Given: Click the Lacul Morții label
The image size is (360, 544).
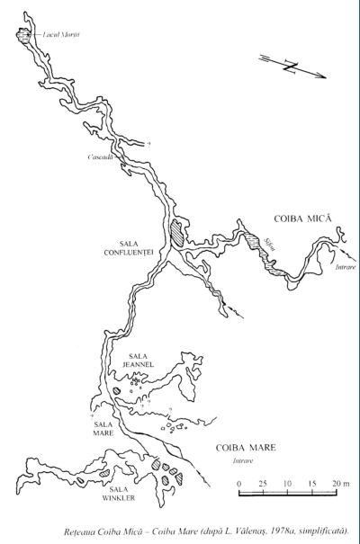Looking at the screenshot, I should click(61, 34).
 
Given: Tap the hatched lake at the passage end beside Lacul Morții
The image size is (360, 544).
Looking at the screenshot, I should click(22, 34).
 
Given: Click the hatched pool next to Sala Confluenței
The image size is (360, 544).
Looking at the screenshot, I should click(179, 234).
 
